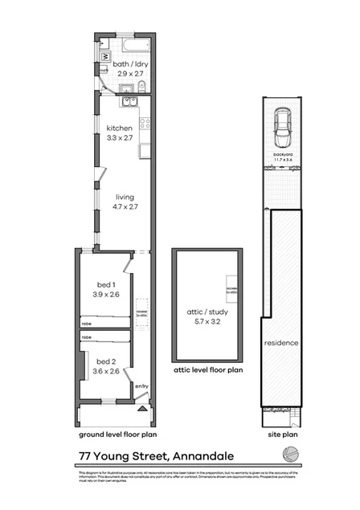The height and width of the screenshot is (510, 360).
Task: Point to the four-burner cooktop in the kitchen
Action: [x=145, y=123]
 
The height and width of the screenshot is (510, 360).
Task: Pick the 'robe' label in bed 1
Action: [x=86, y=324]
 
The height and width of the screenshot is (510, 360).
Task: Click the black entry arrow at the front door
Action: [x=143, y=408]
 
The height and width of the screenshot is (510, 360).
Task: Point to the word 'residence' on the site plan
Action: [x=281, y=343]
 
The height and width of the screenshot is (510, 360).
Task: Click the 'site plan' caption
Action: [x=281, y=436]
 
